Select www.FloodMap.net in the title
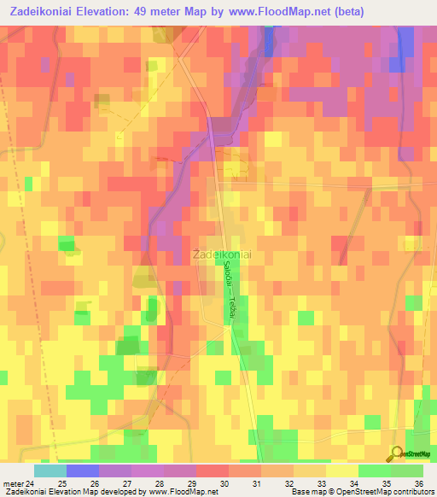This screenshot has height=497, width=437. click(x=281, y=12)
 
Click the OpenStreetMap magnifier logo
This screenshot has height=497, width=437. click(x=397, y=454)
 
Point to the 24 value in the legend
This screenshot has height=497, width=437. click(x=32, y=482)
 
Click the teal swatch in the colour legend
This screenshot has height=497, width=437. click(x=50, y=471)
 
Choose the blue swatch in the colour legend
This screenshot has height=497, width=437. click(x=83, y=471)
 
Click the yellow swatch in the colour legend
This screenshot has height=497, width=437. click(x=342, y=471)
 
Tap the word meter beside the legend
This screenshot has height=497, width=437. click(x=13, y=482)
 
